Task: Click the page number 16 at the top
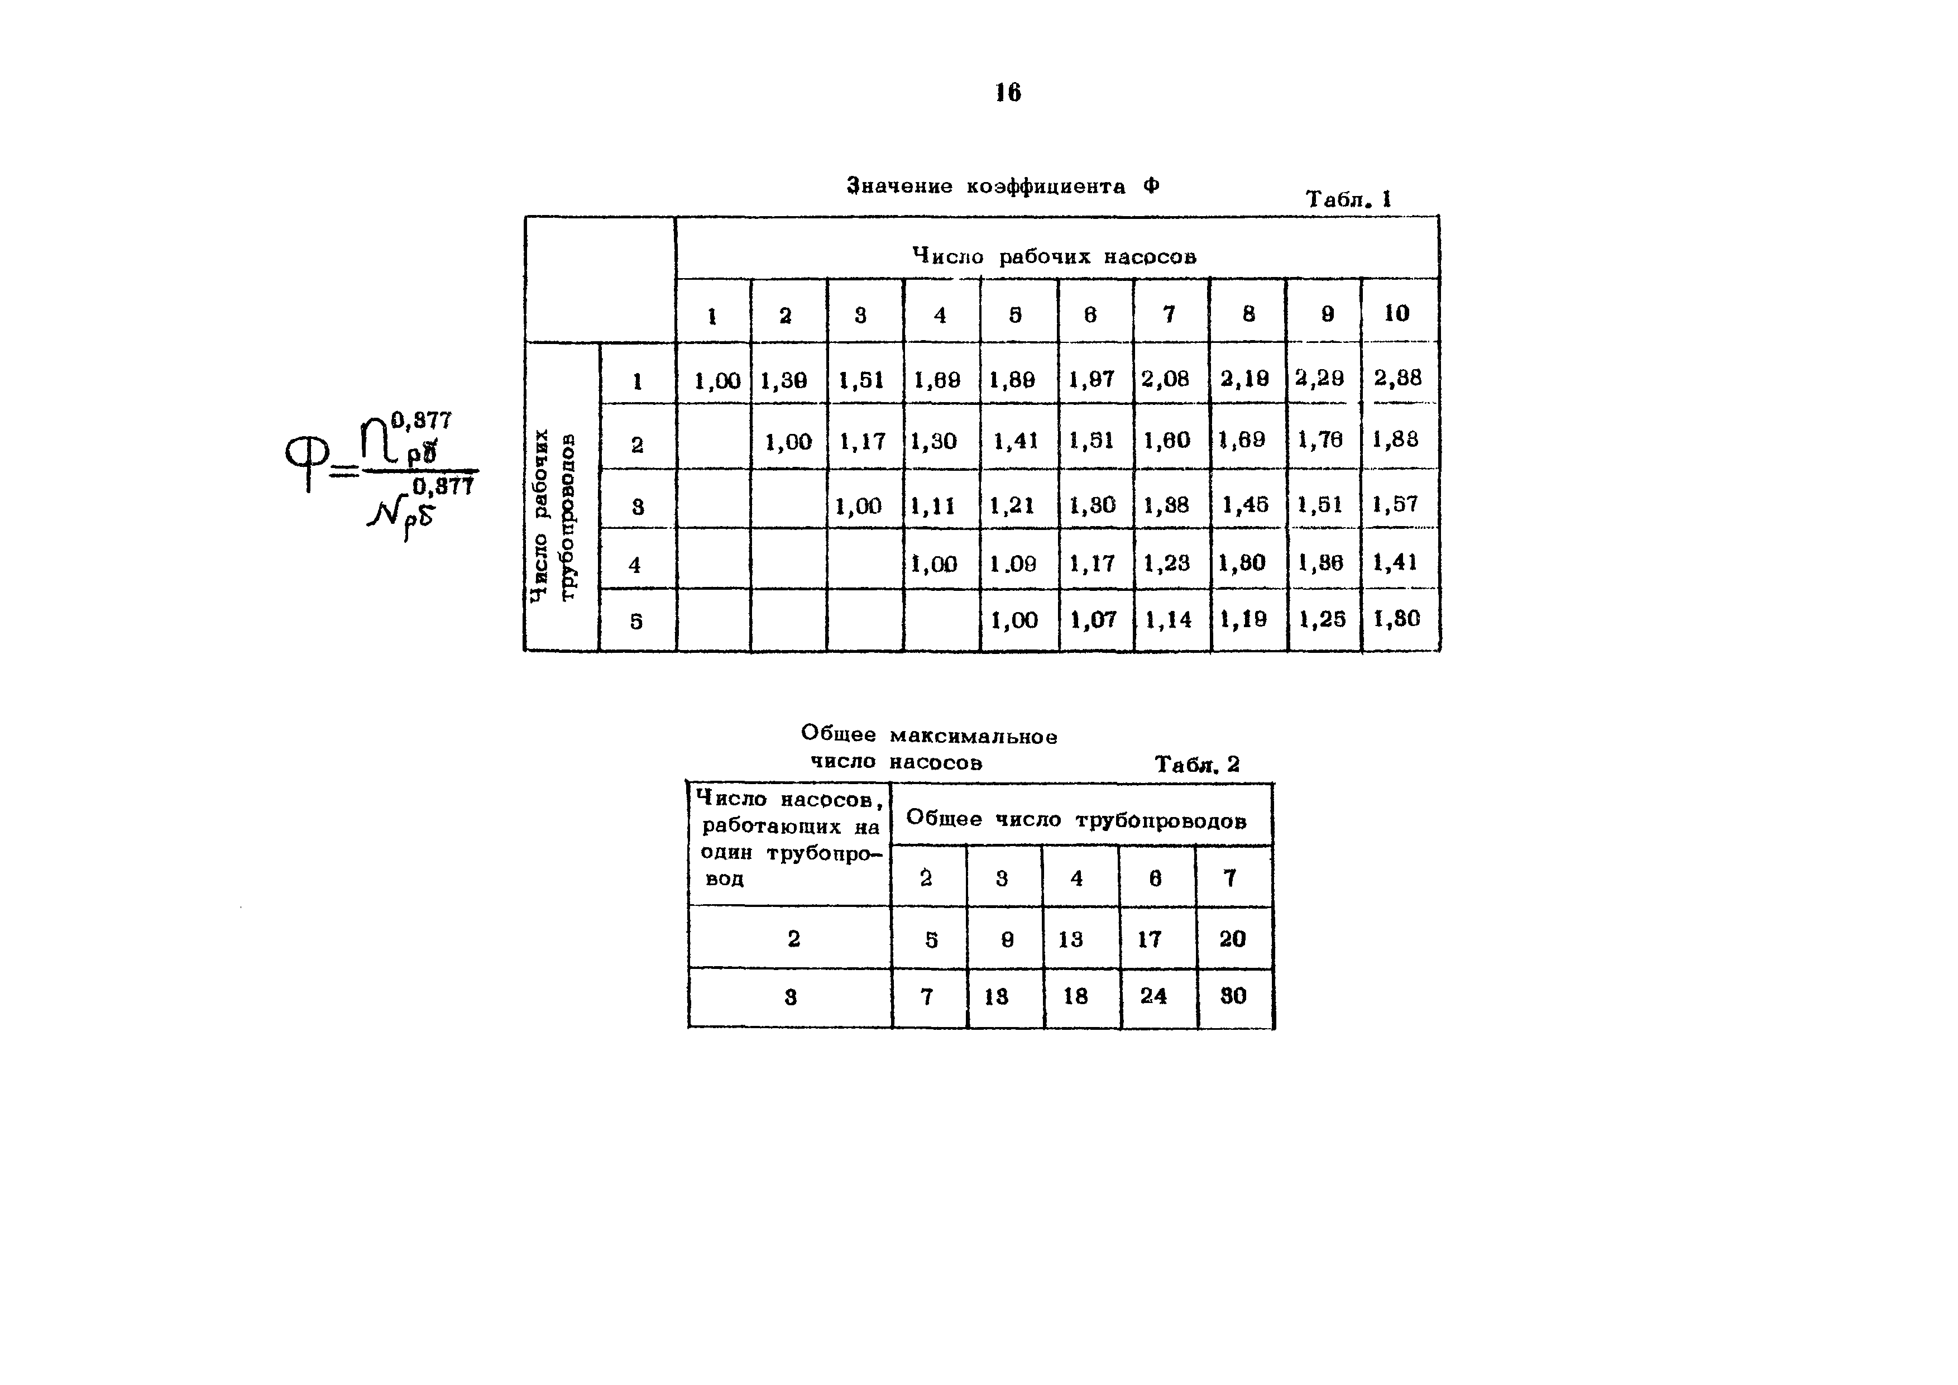(1007, 92)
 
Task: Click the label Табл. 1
(1348, 199)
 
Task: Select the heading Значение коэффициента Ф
(1003, 186)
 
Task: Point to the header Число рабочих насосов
(1054, 256)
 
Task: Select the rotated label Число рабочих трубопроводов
(553, 514)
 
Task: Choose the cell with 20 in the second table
(1232, 939)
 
